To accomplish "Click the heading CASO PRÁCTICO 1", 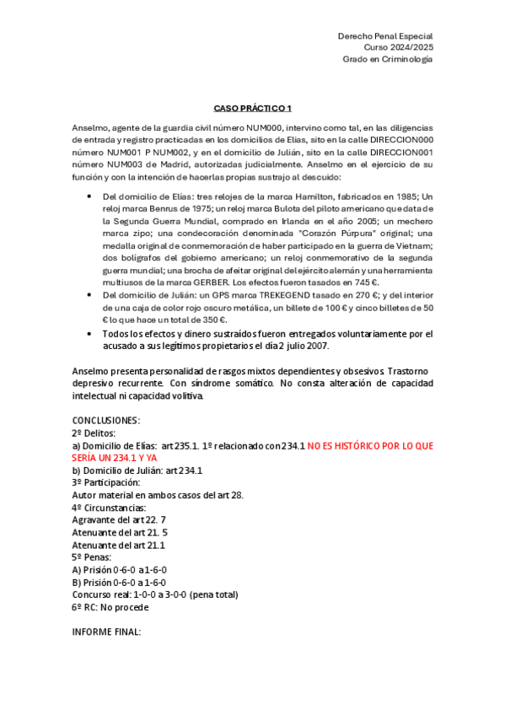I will pos(252,108).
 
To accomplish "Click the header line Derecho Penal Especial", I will pos(384,37).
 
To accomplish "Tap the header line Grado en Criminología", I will pos(387,60).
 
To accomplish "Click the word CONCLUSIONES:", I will pos(107,419).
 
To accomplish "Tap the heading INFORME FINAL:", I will pos(107,631).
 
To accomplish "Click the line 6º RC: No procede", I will pos(110,606).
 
